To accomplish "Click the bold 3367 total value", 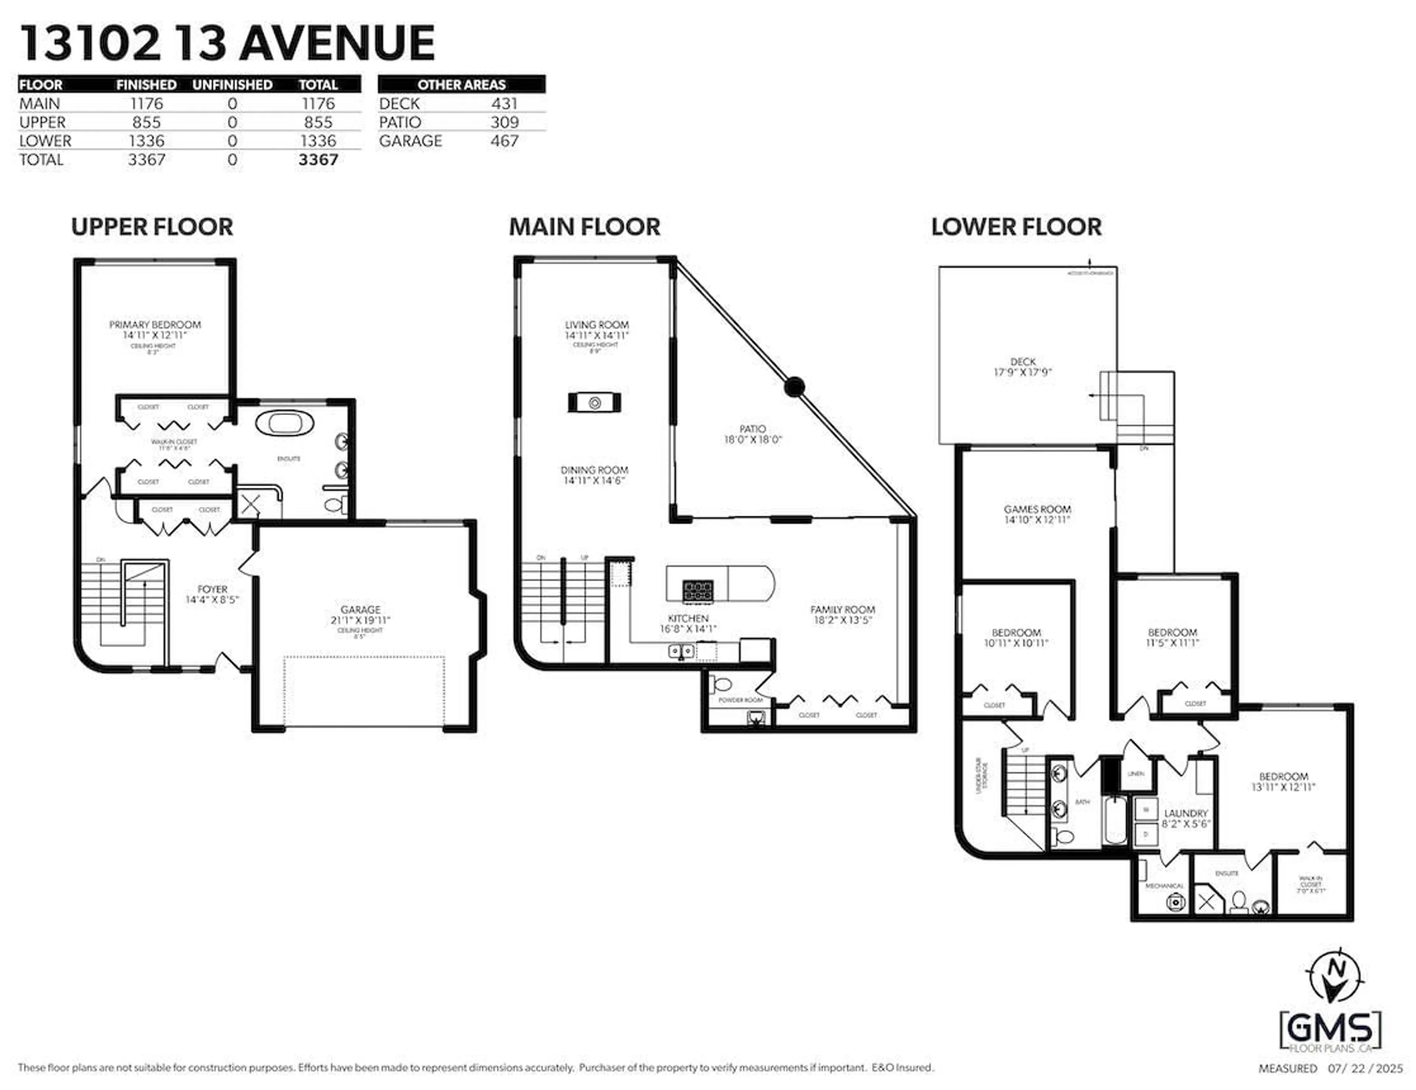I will pos(318,160).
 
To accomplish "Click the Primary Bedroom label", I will pos(155,324).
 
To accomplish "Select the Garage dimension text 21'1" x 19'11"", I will pos(361,620).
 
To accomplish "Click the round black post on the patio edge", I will pos(794,387).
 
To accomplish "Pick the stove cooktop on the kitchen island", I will pos(698,590).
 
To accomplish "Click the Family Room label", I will pos(842,610).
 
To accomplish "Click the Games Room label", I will pos(1037,509).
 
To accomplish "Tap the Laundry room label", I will pos(1186,813).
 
